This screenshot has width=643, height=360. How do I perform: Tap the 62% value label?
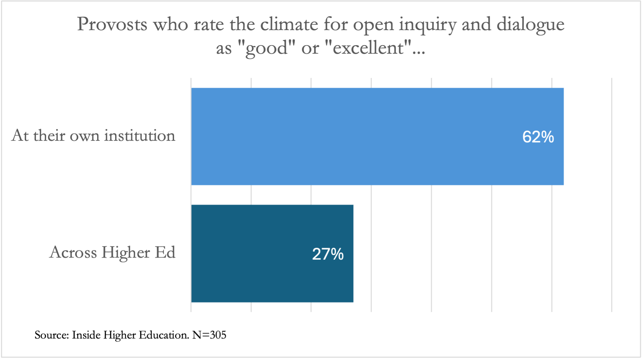538,137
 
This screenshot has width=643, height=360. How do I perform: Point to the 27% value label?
328,254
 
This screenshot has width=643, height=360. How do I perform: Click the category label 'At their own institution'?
94,135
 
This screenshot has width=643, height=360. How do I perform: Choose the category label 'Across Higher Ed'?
112,252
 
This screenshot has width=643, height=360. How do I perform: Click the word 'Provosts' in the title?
112,25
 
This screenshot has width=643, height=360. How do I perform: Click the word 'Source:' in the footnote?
52,335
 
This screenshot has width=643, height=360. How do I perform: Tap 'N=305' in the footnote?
209,335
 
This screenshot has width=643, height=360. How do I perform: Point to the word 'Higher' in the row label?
126,253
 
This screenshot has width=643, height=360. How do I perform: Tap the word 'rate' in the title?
208,25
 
